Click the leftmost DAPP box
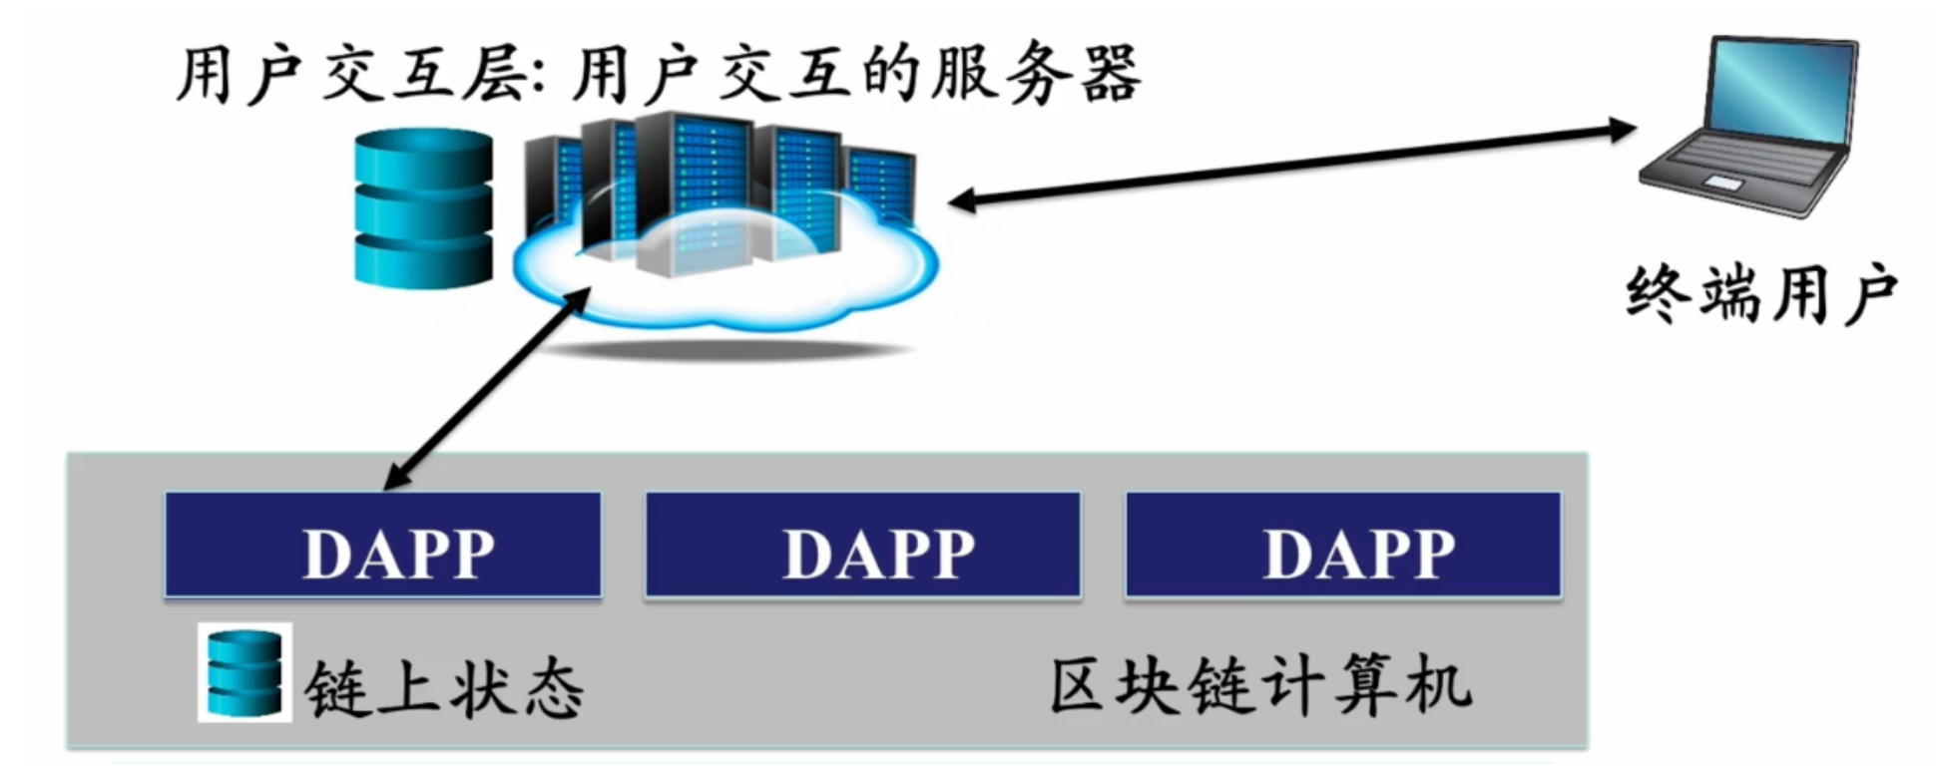click(383, 545)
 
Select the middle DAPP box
click(863, 545)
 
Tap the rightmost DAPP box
click(1343, 545)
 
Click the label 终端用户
click(1761, 294)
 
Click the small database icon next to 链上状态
click(244, 673)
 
